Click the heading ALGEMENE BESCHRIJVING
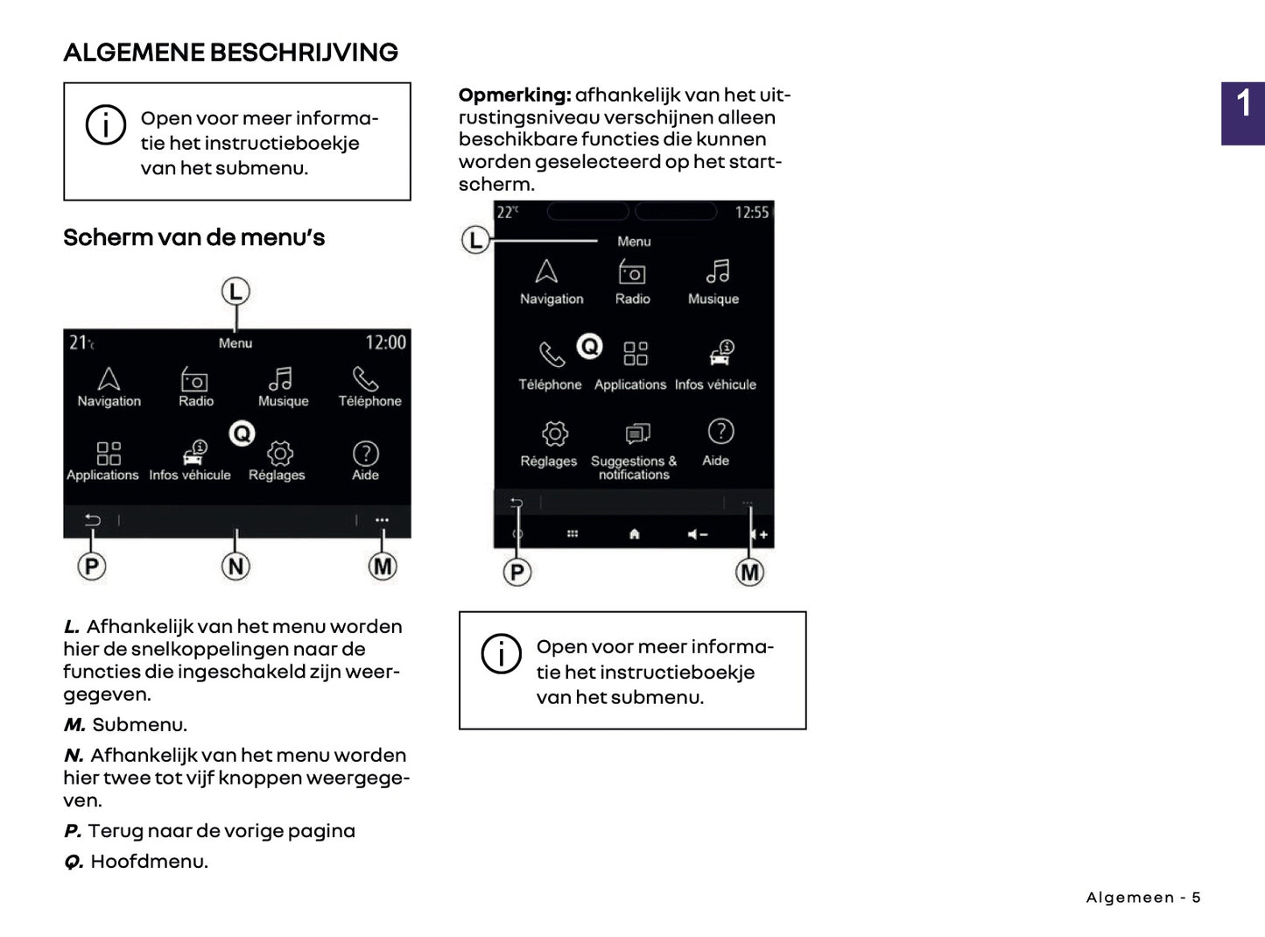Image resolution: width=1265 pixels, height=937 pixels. [x=230, y=53]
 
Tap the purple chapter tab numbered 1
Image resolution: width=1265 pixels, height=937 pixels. [x=1242, y=113]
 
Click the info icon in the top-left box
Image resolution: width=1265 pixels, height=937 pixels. [x=105, y=125]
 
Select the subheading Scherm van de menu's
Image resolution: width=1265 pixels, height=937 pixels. [x=193, y=237]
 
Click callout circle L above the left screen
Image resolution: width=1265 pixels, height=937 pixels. [x=235, y=292]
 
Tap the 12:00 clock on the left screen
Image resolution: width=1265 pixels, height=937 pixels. [x=385, y=342]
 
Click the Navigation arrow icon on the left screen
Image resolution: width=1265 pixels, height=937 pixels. [x=109, y=378]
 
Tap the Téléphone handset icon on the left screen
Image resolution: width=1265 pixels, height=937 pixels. [x=365, y=378]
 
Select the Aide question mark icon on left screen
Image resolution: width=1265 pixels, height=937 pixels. [x=365, y=453]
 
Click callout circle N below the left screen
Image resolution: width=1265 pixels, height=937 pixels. [x=235, y=567]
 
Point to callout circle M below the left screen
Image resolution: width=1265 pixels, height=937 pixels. [x=383, y=567]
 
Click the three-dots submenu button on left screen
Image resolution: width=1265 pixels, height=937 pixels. [x=382, y=520]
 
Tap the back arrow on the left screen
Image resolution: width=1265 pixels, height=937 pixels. [x=92, y=520]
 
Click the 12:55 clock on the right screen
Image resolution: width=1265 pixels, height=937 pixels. [x=751, y=212]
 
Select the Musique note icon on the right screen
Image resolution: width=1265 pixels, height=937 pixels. [x=717, y=271]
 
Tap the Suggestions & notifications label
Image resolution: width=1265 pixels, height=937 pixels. [x=634, y=468]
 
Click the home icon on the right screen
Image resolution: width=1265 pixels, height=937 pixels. [x=634, y=534]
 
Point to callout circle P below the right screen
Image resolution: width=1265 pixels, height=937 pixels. [x=517, y=573]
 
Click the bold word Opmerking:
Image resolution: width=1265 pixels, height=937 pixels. [x=514, y=95]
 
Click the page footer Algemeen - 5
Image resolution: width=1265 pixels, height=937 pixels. [x=1142, y=898]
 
